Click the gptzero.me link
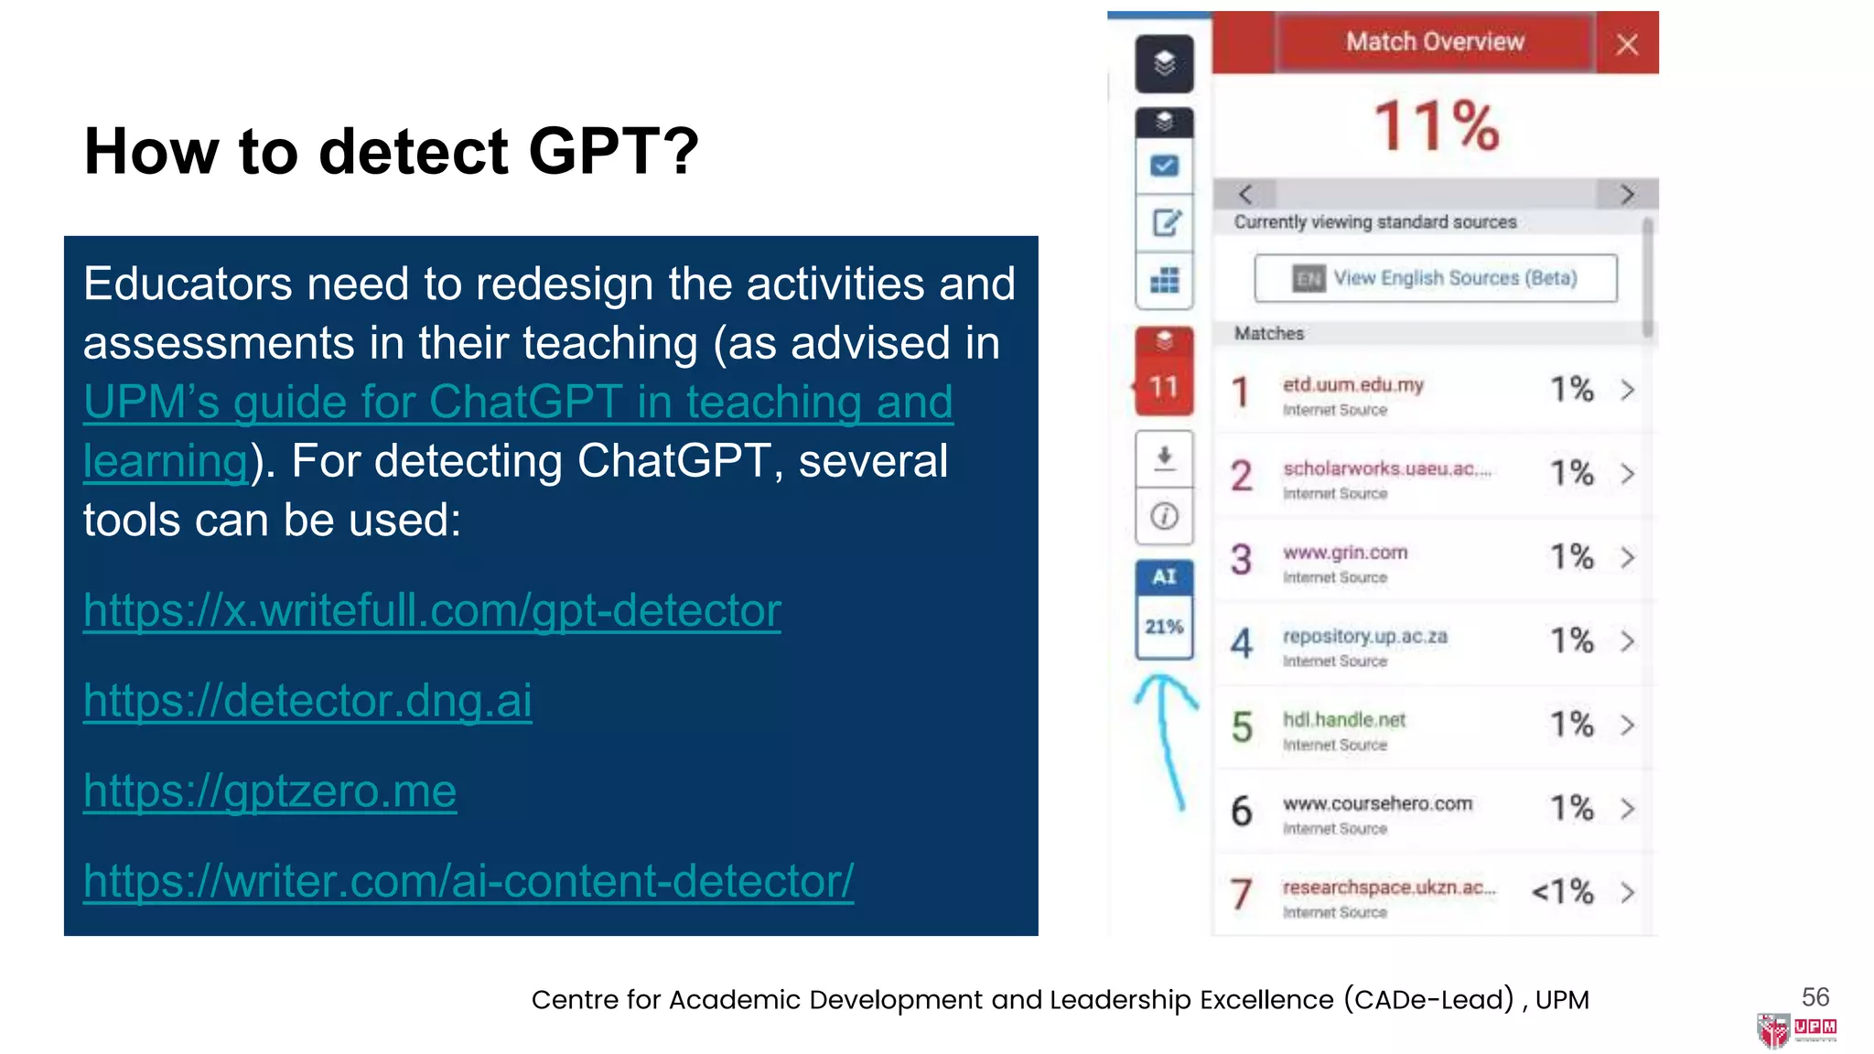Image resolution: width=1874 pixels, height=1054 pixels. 269,790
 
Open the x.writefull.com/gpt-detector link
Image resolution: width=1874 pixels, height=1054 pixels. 432,610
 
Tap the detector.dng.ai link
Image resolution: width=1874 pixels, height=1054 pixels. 307,701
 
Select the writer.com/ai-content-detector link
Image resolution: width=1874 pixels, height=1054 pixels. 468,881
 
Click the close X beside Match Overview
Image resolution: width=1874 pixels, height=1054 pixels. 1627,44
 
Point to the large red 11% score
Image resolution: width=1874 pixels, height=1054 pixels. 1437,125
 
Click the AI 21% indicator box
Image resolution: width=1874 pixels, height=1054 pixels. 1164,609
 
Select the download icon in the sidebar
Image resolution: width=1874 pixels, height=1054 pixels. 1165,457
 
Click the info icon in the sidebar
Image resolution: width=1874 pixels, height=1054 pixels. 1165,516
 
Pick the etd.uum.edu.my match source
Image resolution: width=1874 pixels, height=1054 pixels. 1352,385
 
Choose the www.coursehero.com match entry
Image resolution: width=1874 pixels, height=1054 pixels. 1377,804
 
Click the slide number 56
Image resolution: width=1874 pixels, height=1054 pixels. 1815,996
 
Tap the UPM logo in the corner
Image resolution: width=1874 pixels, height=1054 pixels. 1795,1029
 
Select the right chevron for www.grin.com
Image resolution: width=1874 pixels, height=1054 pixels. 1627,557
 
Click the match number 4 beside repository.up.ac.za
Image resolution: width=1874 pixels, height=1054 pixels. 1241,642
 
